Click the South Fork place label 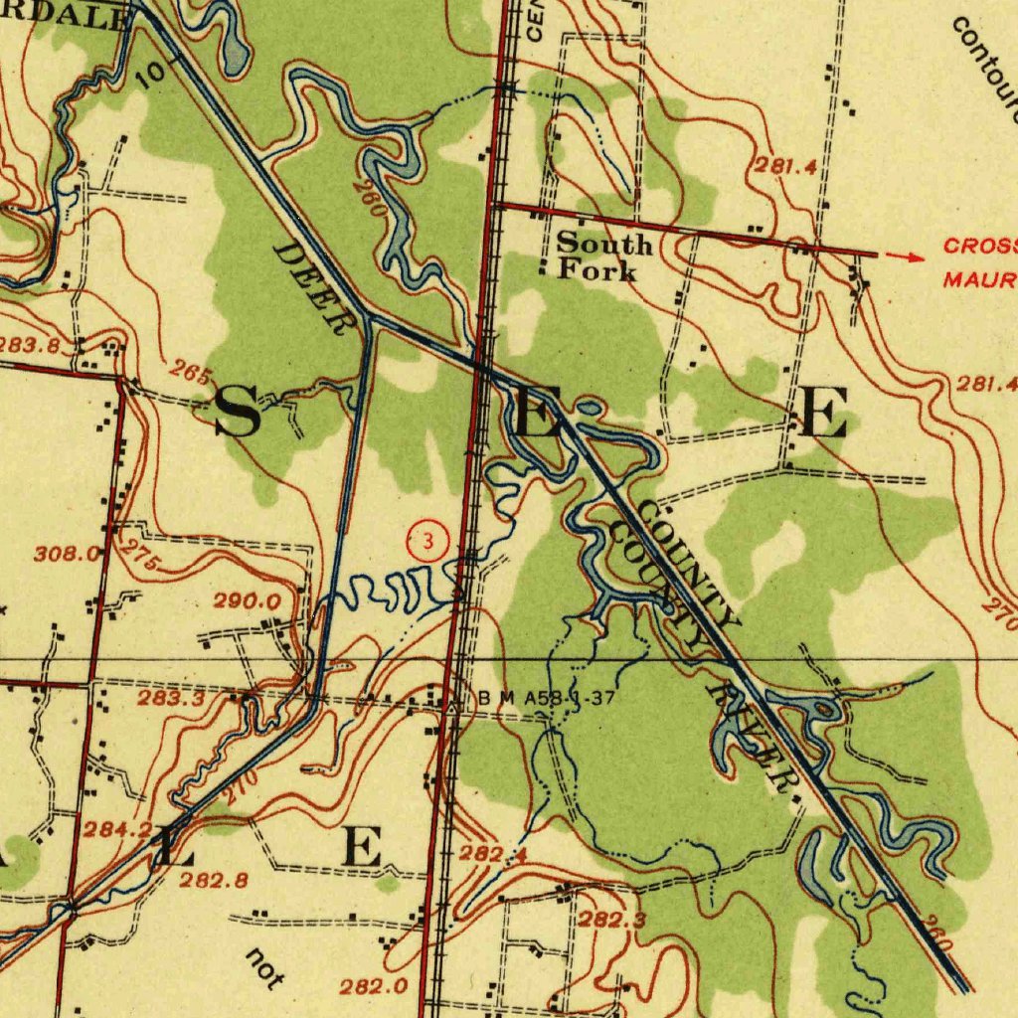tap(602, 255)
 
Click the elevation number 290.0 tap(248, 601)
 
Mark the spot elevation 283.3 tap(171, 699)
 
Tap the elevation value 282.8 tap(213, 880)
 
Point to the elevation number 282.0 tap(373, 986)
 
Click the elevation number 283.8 tap(28, 345)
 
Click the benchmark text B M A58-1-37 tap(546, 699)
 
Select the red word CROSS tap(980, 246)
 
